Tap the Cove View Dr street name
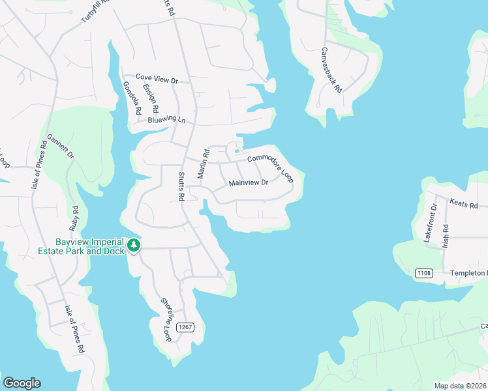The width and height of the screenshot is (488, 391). [x=157, y=79]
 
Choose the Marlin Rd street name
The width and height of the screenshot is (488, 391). [x=204, y=164]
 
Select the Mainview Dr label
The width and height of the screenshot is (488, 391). [x=249, y=183]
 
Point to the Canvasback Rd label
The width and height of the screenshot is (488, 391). [x=331, y=69]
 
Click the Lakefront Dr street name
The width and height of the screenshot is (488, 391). [x=431, y=224]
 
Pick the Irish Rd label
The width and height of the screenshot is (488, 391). [x=446, y=235]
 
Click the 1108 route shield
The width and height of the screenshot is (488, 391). [x=423, y=273]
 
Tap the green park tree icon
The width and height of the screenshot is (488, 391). [x=134, y=246]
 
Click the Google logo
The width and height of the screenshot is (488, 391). [x=22, y=383]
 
